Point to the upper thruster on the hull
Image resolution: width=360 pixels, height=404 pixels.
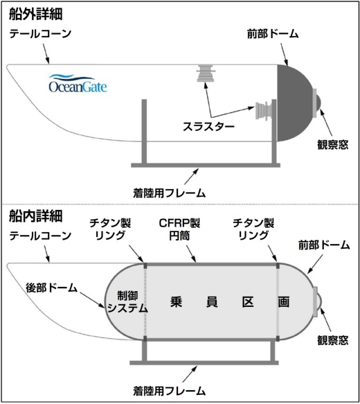click(206, 73)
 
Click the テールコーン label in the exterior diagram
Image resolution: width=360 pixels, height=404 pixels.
click(40, 33)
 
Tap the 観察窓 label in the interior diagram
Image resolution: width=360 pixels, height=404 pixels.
click(338, 341)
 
